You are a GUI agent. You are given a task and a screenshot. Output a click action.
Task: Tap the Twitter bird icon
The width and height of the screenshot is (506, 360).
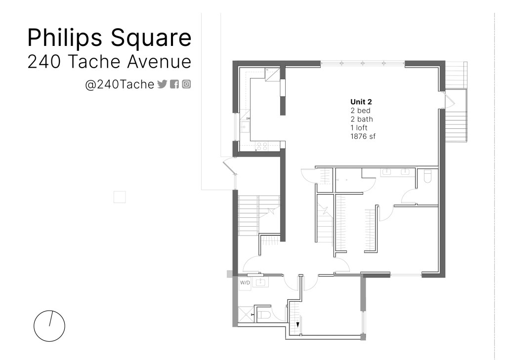(x=162, y=84)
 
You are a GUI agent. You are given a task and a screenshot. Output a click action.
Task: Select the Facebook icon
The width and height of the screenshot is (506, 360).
(x=174, y=84)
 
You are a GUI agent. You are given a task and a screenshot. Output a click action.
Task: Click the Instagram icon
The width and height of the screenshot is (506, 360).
(x=186, y=84)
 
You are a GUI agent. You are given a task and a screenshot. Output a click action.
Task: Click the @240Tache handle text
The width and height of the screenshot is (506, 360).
(x=120, y=84)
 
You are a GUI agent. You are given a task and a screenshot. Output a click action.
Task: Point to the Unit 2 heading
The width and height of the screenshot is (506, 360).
(x=361, y=102)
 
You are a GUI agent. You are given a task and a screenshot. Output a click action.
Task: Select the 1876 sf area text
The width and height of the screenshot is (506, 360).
(x=363, y=136)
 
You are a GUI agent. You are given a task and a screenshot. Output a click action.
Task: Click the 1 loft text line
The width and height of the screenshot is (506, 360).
(x=359, y=128)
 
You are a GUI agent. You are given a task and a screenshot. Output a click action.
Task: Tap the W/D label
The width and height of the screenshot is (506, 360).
(x=245, y=283)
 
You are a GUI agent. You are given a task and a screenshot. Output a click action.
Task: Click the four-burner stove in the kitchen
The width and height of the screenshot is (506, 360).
(x=261, y=147)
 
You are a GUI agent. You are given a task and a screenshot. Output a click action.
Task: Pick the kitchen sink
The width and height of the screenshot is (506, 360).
(x=245, y=127)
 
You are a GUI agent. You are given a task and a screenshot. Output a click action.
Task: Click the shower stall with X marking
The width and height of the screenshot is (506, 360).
(x=245, y=314)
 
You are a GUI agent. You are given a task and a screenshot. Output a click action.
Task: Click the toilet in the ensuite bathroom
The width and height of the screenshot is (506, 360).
(x=427, y=176)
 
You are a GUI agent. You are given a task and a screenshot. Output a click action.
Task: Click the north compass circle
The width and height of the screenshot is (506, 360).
(x=49, y=326)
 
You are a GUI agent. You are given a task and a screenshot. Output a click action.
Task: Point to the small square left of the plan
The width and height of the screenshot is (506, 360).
(x=120, y=197)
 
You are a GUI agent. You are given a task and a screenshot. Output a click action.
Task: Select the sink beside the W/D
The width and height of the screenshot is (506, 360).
(x=259, y=283)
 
